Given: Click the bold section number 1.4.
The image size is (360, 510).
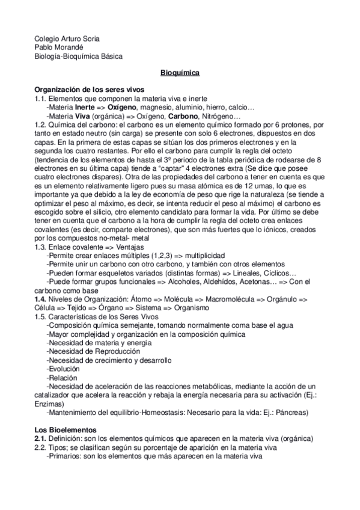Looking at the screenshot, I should pos(41,299).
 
